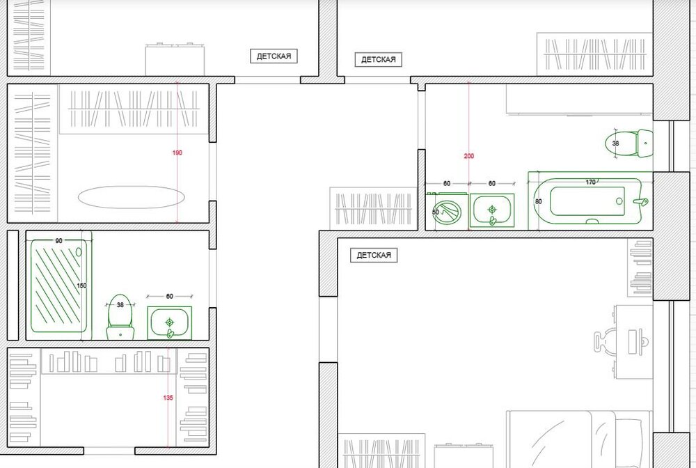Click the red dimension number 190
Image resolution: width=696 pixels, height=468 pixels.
click(177, 153)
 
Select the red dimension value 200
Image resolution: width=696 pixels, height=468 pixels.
click(468, 156)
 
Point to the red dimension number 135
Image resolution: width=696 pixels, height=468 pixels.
click(168, 398)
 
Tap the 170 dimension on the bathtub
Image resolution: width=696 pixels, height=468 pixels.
click(590, 182)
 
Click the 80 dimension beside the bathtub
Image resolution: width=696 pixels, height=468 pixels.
click(539, 201)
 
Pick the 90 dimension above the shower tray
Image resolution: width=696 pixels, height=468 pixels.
click(58, 241)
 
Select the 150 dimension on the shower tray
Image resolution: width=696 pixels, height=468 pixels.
click(81, 286)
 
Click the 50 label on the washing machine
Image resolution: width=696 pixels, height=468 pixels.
click(436, 212)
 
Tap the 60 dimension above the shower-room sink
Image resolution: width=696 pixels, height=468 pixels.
click(169, 296)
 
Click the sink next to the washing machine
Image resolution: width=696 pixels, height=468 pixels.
click(492, 210)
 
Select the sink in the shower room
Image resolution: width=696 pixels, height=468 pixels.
click(170, 323)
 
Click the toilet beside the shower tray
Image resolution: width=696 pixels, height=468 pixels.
click(120, 317)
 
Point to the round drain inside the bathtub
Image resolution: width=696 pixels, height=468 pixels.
click(619, 201)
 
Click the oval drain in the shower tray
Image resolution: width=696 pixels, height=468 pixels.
click(79, 252)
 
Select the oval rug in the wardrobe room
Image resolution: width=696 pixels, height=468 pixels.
click(131, 196)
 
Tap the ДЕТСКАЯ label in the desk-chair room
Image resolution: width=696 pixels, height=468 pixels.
click(374, 256)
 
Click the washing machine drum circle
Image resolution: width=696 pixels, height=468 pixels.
click(446, 212)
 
